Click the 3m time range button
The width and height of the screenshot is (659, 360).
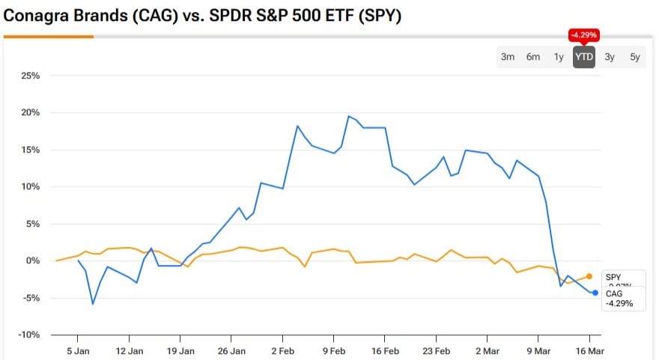[x=508, y=57]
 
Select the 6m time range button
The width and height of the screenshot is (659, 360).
[x=533, y=57]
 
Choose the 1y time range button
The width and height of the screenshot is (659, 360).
[x=559, y=57]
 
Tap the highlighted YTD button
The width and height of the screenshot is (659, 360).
[x=584, y=57]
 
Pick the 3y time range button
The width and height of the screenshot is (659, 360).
[x=610, y=57]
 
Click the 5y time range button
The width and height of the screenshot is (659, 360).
[x=635, y=57]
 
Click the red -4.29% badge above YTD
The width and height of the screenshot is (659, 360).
[x=584, y=34]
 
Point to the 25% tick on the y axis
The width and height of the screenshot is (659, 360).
[x=30, y=76]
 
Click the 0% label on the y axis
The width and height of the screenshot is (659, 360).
[x=32, y=261]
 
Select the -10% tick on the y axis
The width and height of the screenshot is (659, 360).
[x=29, y=335]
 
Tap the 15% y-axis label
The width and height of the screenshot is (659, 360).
[x=30, y=150]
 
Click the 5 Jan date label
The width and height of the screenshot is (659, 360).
[x=79, y=350]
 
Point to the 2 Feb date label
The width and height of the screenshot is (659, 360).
[x=283, y=350]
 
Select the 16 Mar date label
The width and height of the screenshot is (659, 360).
[x=590, y=350]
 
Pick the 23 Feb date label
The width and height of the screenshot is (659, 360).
[x=437, y=350]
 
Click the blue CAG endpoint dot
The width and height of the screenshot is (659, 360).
[x=595, y=293]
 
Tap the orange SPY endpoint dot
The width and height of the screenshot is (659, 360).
[x=589, y=276]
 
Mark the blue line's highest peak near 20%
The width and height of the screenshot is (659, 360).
[x=349, y=116]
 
